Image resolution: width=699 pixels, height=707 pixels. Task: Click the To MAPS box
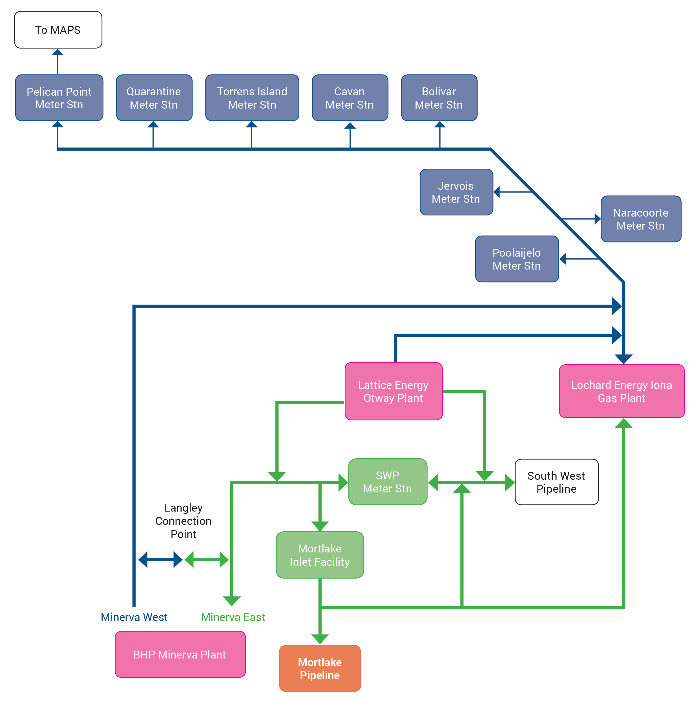(58, 30)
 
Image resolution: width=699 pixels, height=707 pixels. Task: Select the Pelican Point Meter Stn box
(59, 98)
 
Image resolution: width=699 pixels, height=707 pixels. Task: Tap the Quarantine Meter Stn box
(154, 98)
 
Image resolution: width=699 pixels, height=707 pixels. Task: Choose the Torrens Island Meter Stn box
(252, 98)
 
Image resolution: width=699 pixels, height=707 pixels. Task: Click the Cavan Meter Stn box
(350, 98)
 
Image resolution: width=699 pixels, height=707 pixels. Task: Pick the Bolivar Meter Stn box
(439, 98)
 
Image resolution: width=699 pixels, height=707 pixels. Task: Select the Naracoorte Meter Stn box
(641, 219)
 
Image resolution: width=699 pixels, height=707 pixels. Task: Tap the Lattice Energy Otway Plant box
(393, 391)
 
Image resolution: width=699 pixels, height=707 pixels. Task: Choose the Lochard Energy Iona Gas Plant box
(621, 391)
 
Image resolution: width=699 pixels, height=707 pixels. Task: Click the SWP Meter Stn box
(388, 482)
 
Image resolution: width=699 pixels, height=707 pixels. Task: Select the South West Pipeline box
(557, 482)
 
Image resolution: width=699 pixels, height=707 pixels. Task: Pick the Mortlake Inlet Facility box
(320, 555)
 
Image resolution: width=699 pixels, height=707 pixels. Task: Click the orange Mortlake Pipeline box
(320, 669)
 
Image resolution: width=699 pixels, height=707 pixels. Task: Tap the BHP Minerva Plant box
(180, 654)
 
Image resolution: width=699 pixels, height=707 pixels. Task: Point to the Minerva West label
(134, 617)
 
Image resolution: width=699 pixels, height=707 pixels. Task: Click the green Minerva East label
(233, 617)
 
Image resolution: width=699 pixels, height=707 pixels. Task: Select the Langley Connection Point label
(183, 521)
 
